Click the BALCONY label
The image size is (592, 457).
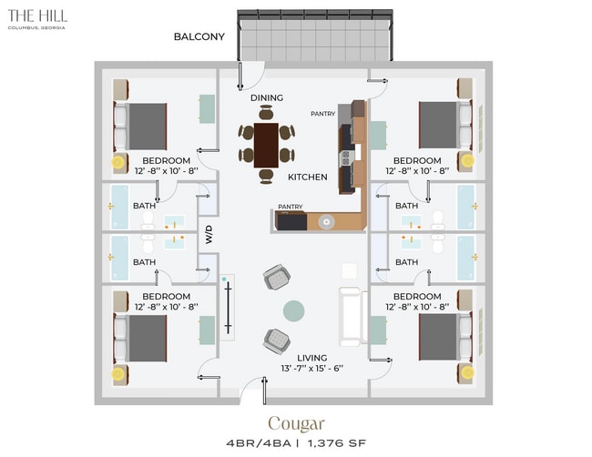point(199,36)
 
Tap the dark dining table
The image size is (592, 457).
point(266,146)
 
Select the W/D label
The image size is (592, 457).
point(209,234)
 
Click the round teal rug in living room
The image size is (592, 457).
point(294,311)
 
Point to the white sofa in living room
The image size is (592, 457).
point(352,316)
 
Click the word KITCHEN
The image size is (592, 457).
point(307,177)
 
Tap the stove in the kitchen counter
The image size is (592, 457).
point(346,157)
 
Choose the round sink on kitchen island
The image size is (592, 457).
point(326,221)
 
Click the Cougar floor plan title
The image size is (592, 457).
point(296,424)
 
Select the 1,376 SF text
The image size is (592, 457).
point(337,443)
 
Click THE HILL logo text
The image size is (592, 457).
point(37,15)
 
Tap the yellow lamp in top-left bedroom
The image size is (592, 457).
point(117,162)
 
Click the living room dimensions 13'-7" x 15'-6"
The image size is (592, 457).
point(311,369)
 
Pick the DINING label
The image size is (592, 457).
point(267,97)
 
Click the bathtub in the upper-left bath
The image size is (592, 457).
point(119,207)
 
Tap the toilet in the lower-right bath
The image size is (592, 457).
point(437,244)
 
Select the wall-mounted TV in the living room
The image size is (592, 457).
point(228,308)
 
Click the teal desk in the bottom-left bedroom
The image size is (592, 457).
point(207,330)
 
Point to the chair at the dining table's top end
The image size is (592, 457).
point(266,113)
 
